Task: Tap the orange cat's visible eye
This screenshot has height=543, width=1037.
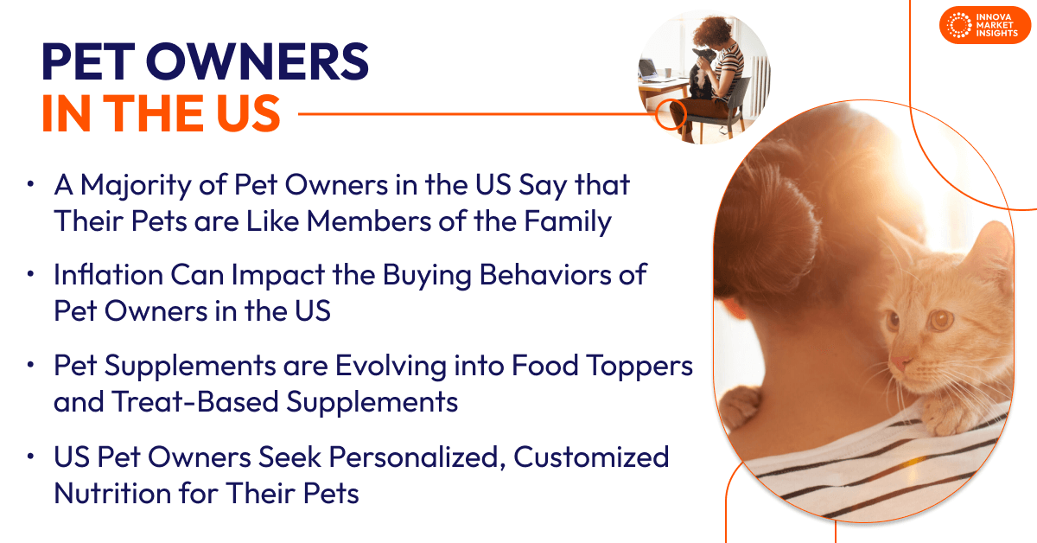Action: (939, 320)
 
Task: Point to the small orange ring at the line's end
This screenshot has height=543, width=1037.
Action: (671, 112)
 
